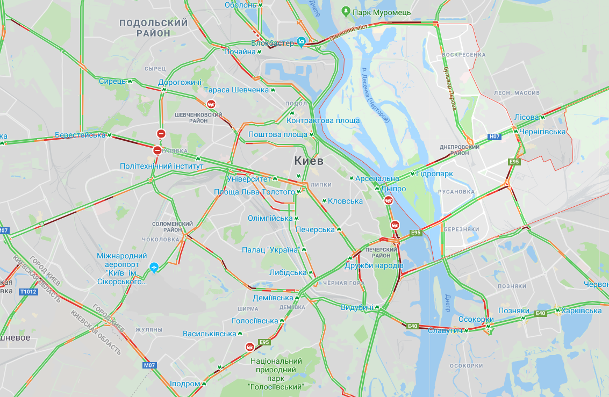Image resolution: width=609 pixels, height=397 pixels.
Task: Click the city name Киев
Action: tap(309, 161)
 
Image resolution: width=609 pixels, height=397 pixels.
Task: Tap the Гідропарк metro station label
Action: tap(435, 174)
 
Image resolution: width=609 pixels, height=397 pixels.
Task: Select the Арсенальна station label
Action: tap(377, 178)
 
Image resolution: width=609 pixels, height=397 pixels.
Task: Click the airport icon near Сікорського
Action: tap(154, 266)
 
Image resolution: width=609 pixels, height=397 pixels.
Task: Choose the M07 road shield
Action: tap(149, 365)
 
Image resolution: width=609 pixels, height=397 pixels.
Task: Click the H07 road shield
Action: tap(495, 136)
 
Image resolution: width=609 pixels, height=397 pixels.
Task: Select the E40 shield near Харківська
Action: tap(540, 313)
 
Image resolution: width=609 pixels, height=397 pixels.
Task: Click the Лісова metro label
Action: tap(526, 117)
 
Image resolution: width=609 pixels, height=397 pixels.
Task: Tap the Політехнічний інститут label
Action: tap(161, 167)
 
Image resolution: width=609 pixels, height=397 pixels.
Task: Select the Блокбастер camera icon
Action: tap(302, 41)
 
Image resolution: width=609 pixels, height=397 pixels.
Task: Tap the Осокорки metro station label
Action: tap(476, 319)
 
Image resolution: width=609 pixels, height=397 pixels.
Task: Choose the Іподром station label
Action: tap(185, 384)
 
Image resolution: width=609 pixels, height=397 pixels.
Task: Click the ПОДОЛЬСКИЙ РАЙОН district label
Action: tap(153, 27)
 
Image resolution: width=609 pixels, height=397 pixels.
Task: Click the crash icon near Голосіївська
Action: tap(250, 347)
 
